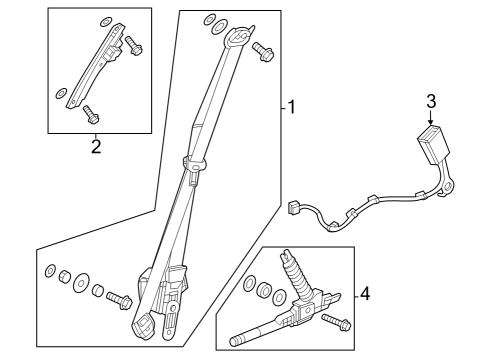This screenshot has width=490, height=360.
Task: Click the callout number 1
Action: pos(290,107)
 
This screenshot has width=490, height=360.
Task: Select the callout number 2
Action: pos(95,147)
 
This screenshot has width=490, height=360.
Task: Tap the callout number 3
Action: pos(431,101)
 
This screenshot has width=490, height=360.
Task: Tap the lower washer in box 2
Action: pos(62,93)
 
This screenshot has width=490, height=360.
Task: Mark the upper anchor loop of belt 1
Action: pos(236,38)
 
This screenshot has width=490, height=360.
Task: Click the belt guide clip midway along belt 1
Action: pos(194,162)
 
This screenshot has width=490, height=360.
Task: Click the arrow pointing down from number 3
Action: pos(431,118)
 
